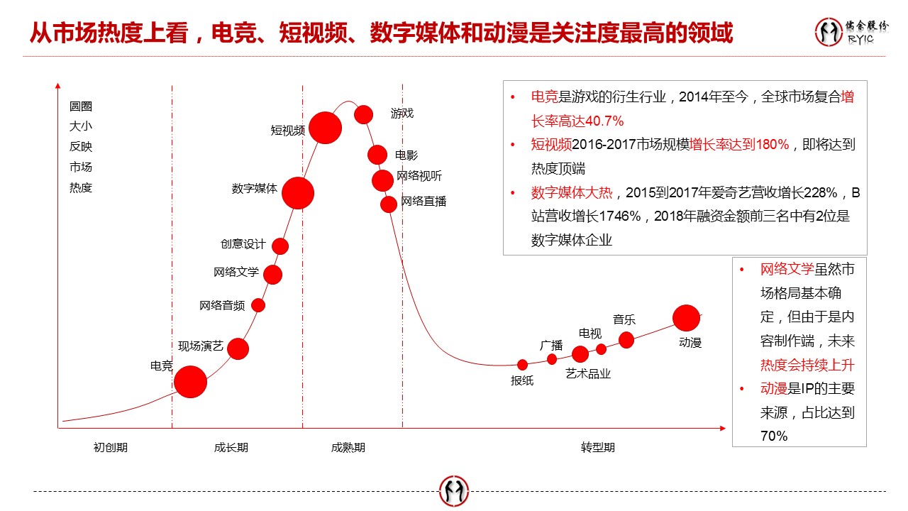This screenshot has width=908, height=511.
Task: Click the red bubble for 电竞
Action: (190, 382)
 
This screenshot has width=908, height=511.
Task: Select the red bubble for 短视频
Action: (325, 128)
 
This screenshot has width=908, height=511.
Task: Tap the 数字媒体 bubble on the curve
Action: (298, 192)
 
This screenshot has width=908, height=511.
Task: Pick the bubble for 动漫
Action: (686, 318)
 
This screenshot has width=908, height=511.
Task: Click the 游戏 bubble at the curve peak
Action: (364, 114)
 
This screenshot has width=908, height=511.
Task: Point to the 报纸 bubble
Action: (522, 365)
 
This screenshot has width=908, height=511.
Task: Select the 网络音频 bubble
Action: (258, 305)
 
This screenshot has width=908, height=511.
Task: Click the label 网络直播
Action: (423, 202)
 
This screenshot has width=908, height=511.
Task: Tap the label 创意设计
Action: (243, 244)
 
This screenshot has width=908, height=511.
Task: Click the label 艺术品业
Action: (588, 373)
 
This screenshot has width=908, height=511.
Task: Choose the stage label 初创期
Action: (111, 448)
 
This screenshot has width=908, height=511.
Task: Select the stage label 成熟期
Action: (348, 448)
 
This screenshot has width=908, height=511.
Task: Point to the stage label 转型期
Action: (598, 448)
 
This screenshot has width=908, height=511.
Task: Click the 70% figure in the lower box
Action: (774, 436)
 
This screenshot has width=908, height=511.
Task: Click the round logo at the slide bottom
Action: (454, 491)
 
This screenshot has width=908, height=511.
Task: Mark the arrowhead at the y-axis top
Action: (57, 87)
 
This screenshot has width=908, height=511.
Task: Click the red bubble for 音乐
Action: (626, 340)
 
